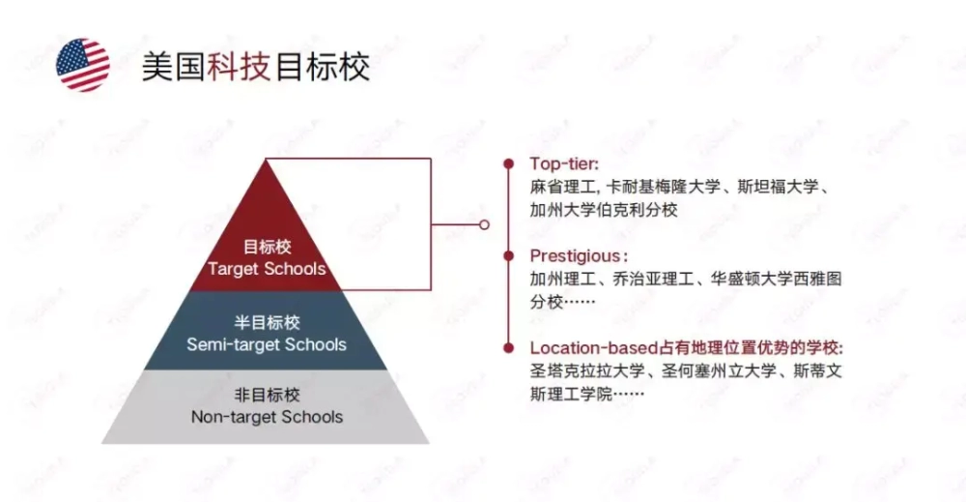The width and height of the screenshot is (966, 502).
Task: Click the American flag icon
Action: click(x=82, y=65)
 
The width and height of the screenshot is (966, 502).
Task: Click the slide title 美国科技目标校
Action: click(x=256, y=67)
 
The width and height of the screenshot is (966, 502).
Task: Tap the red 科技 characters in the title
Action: click(x=239, y=67)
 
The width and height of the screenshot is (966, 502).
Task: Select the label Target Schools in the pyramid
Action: click(x=267, y=269)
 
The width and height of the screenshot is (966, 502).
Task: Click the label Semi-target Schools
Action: click(x=267, y=344)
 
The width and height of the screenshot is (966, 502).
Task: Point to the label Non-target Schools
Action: click(x=267, y=417)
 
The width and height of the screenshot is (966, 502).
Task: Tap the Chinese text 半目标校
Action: click(x=267, y=322)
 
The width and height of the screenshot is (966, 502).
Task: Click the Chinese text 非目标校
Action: click(x=267, y=395)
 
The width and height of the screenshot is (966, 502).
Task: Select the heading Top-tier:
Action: click(x=564, y=164)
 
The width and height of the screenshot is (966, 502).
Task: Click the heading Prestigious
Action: click(x=576, y=256)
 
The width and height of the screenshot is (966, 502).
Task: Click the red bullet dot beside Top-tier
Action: click(x=508, y=164)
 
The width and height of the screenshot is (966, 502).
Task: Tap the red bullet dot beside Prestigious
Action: click(x=508, y=256)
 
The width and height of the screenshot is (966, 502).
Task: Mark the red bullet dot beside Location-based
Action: click(x=508, y=348)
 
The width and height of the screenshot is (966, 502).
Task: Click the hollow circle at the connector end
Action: click(x=484, y=224)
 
